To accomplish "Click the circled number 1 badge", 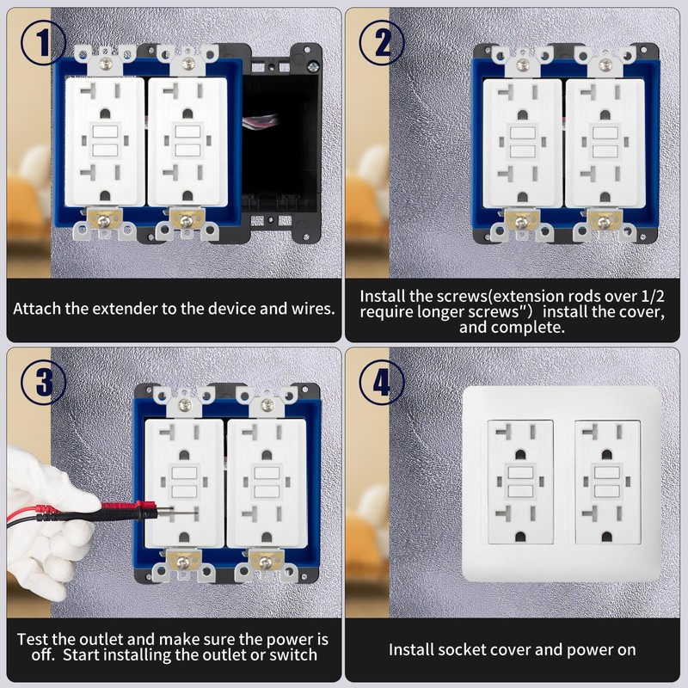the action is pyautogui.click(x=43, y=43).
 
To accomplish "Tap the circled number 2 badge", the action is pyautogui.click(x=382, y=43).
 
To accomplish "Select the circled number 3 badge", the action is pyautogui.click(x=43, y=382).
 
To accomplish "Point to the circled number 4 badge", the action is pyautogui.click(x=382, y=382).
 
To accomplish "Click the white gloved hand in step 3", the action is pyautogui.click(x=46, y=522).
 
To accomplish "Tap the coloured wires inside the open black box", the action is pyautogui.click(x=261, y=120).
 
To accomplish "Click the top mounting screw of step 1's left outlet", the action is pyautogui.click(x=105, y=64).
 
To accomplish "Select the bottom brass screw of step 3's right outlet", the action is pyautogui.click(x=265, y=562).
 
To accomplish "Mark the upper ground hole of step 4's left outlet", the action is pyautogui.click(x=520, y=455).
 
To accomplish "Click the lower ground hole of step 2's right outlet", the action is pyautogui.click(x=605, y=197).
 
